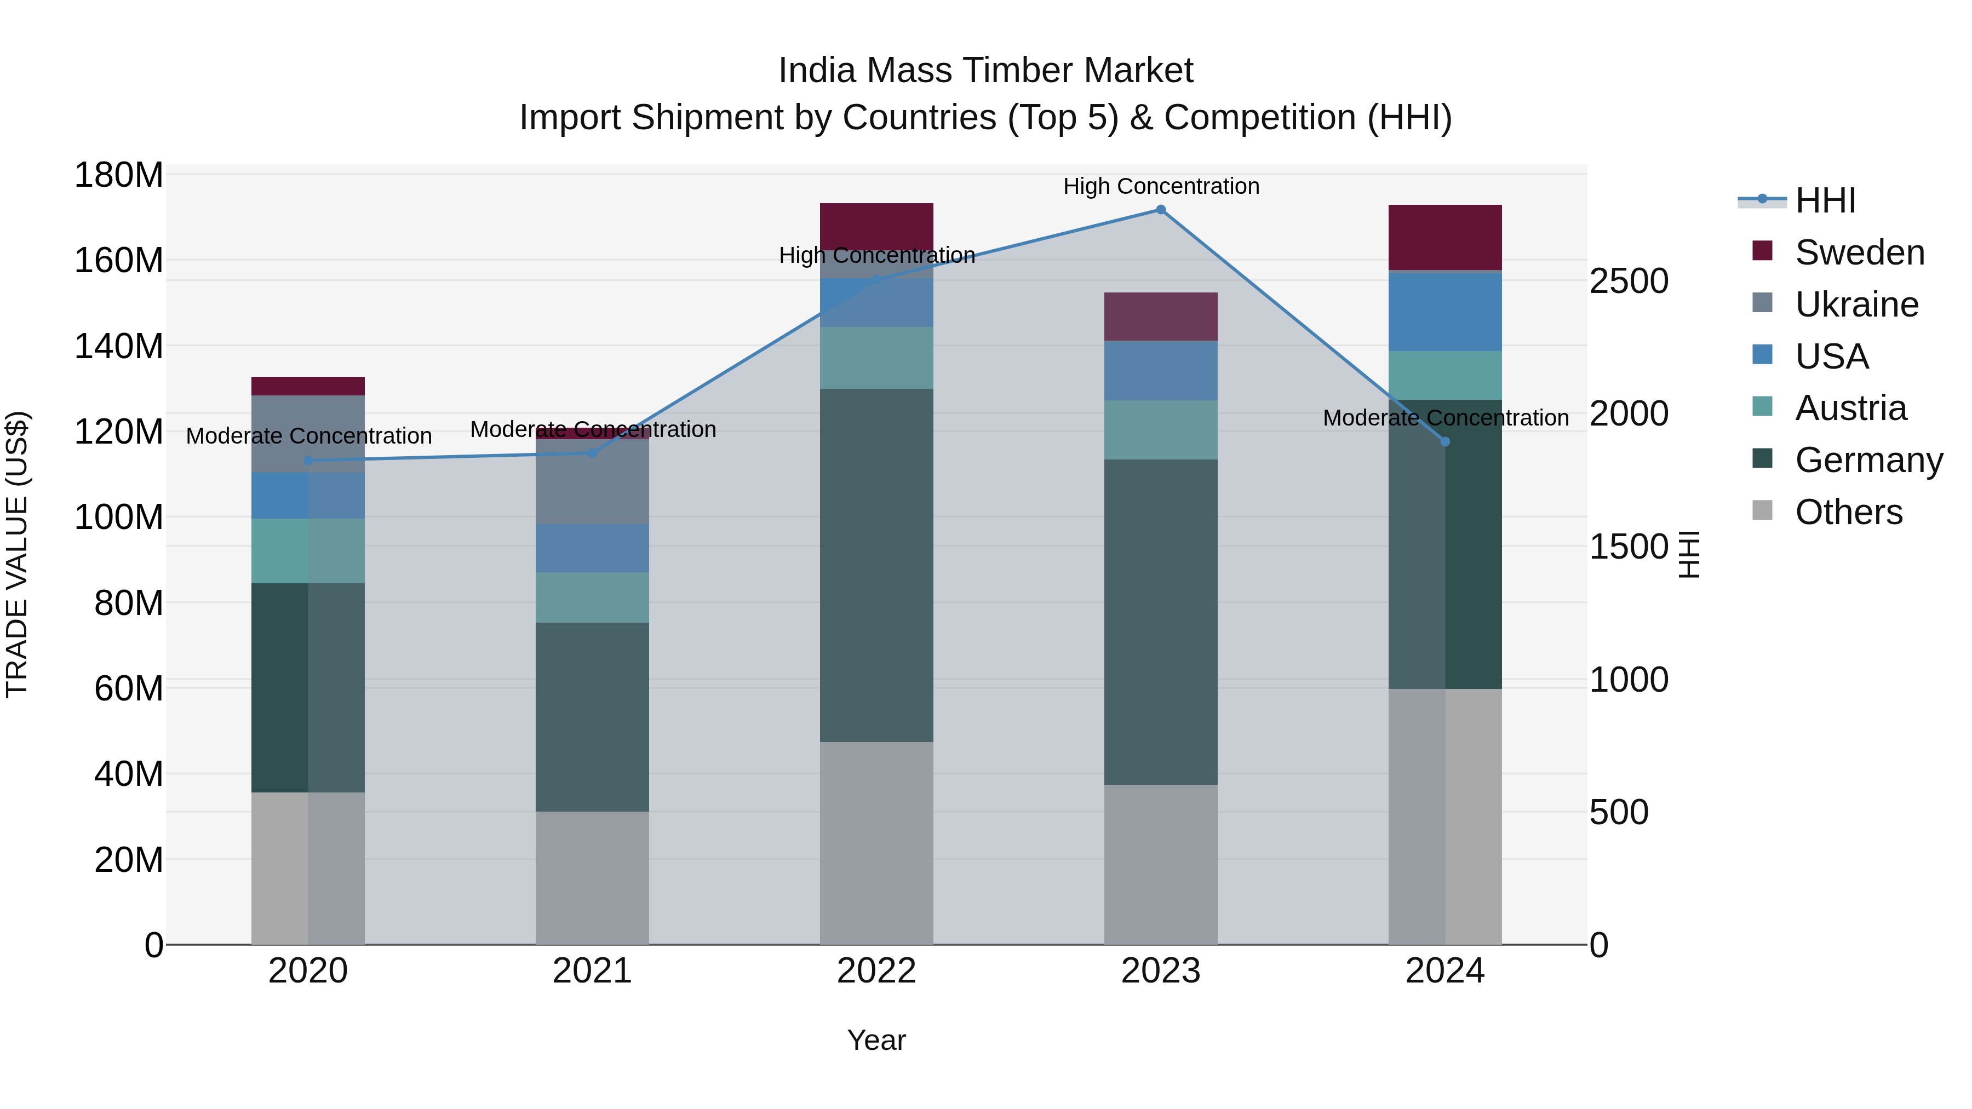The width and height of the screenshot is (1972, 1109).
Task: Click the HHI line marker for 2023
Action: (x=1161, y=210)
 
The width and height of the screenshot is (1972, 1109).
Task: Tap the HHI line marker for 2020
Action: (x=308, y=461)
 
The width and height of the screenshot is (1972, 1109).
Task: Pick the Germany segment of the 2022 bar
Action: (x=876, y=565)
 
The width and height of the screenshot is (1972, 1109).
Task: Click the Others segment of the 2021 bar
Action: (x=592, y=877)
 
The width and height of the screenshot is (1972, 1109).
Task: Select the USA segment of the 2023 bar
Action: (x=1161, y=370)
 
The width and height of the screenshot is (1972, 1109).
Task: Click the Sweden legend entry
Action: (x=1859, y=252)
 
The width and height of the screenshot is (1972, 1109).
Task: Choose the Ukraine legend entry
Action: (x=1856, y=304)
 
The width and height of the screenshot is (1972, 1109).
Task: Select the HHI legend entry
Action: (x=1825, y=200)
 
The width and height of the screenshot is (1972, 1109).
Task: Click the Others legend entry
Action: (x=1848, y=512)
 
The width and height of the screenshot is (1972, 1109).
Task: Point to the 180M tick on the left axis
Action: (x=119, y=175)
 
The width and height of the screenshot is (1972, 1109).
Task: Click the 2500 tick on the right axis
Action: (x=1629, y=281)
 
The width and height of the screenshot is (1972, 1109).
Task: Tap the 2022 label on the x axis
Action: (x=876, y=971)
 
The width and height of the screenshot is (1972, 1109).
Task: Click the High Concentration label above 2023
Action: (x=1161, y=186)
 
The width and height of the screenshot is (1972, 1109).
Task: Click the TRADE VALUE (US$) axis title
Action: (x=17, y=554)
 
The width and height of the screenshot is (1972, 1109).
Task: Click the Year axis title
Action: (x=876, y=1040)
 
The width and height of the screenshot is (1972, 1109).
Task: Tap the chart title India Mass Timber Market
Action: (x=985, y=71)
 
